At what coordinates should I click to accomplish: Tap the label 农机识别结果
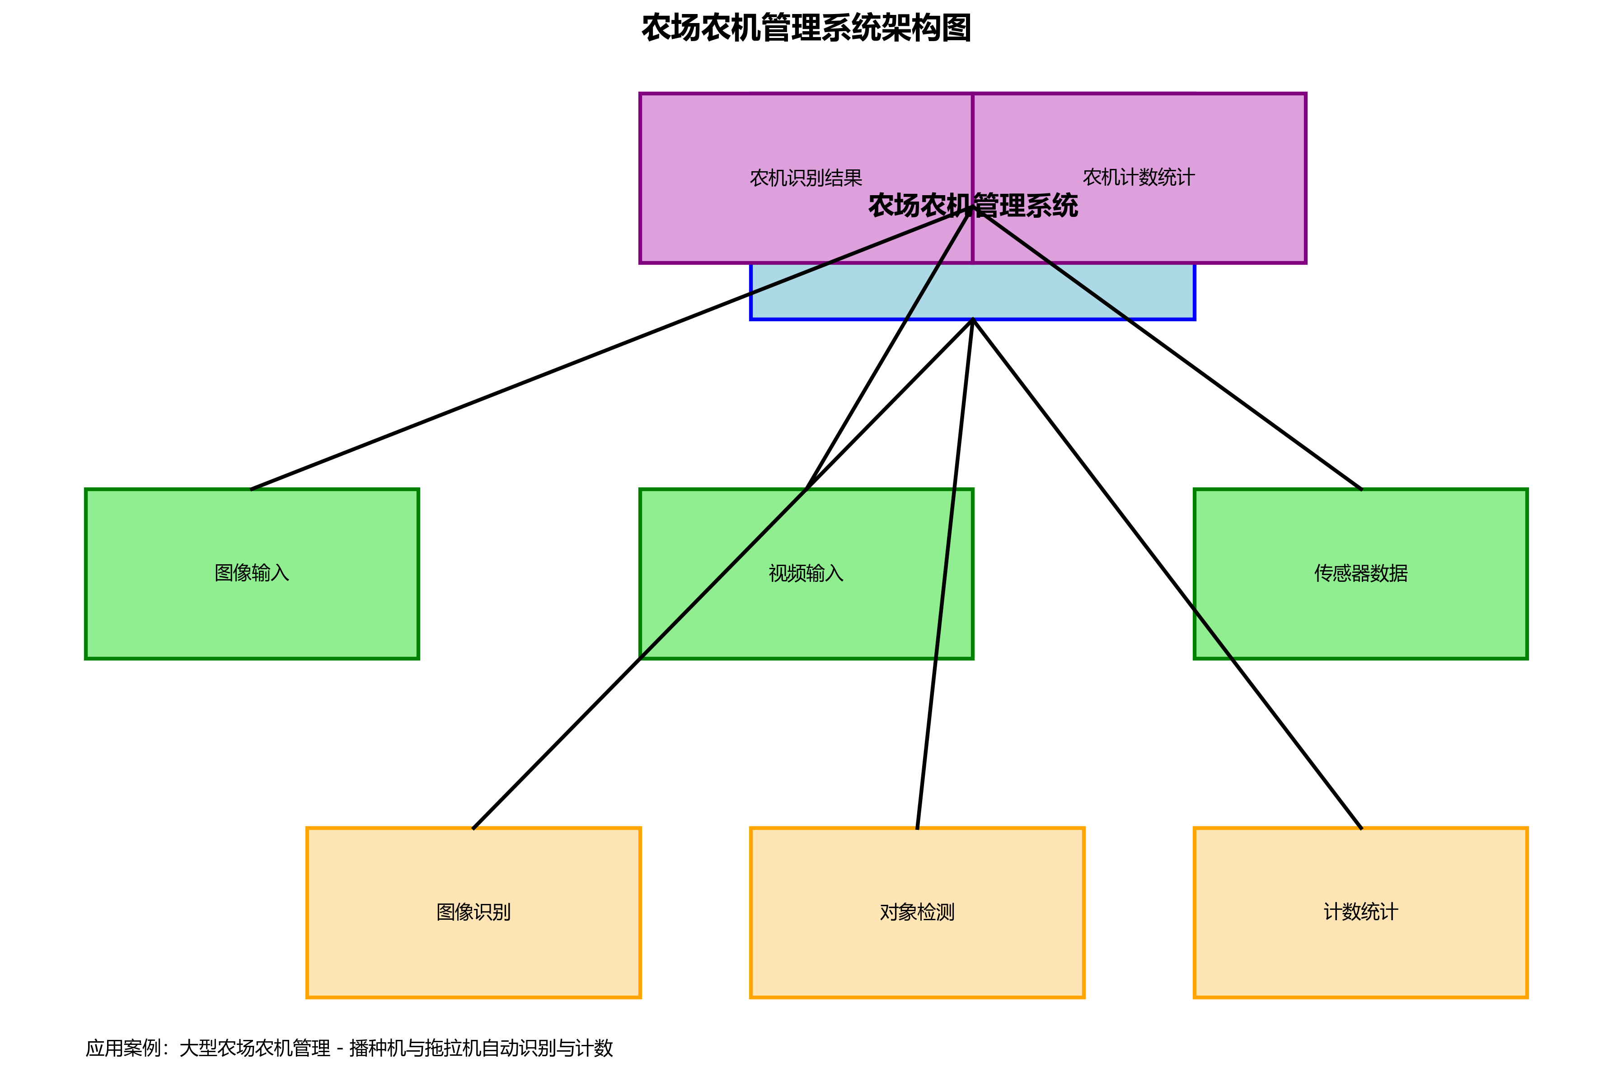806,178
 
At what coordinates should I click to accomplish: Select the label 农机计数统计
1139,177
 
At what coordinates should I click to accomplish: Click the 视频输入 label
806,573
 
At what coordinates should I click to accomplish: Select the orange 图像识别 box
473,957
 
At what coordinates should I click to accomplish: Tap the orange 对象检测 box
917,957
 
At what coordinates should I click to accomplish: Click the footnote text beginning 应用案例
349,1048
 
